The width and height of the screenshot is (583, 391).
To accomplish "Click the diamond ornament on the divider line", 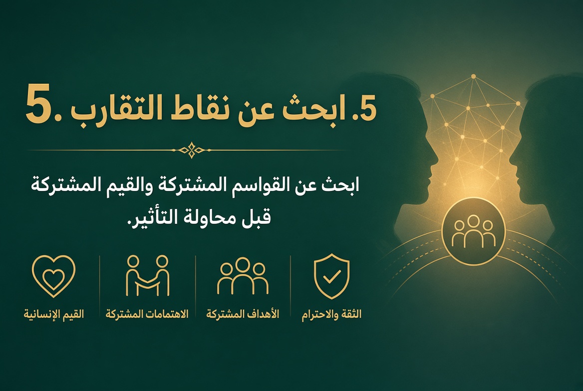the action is (191, 150).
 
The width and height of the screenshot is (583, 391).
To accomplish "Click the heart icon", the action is (53, 276).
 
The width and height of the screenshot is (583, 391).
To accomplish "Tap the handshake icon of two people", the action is (148, 275).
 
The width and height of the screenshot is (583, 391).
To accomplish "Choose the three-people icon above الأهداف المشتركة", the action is (243, 276).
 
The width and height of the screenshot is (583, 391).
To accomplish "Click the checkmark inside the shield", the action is (331, 277).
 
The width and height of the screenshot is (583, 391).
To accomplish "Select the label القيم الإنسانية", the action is (54, 314).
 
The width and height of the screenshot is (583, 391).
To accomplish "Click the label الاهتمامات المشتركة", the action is (147, 314).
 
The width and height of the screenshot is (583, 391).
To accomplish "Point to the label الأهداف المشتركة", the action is (243, 314).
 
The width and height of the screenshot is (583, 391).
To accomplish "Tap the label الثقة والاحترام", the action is (331, 314).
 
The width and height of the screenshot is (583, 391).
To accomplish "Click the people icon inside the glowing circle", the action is (473, 231).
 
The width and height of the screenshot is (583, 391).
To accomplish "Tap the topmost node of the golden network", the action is (473, 77).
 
